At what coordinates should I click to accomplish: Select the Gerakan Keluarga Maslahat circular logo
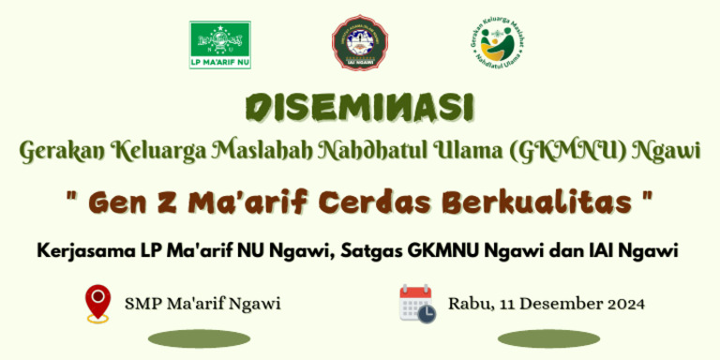(497, 44)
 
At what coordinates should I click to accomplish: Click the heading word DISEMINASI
(360, 108)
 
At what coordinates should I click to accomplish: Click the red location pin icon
(97, 304)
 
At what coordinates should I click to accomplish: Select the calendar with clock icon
(417, 304)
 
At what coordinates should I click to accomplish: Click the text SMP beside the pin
(142, 304)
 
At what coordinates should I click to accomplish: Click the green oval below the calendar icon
(549, 338)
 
